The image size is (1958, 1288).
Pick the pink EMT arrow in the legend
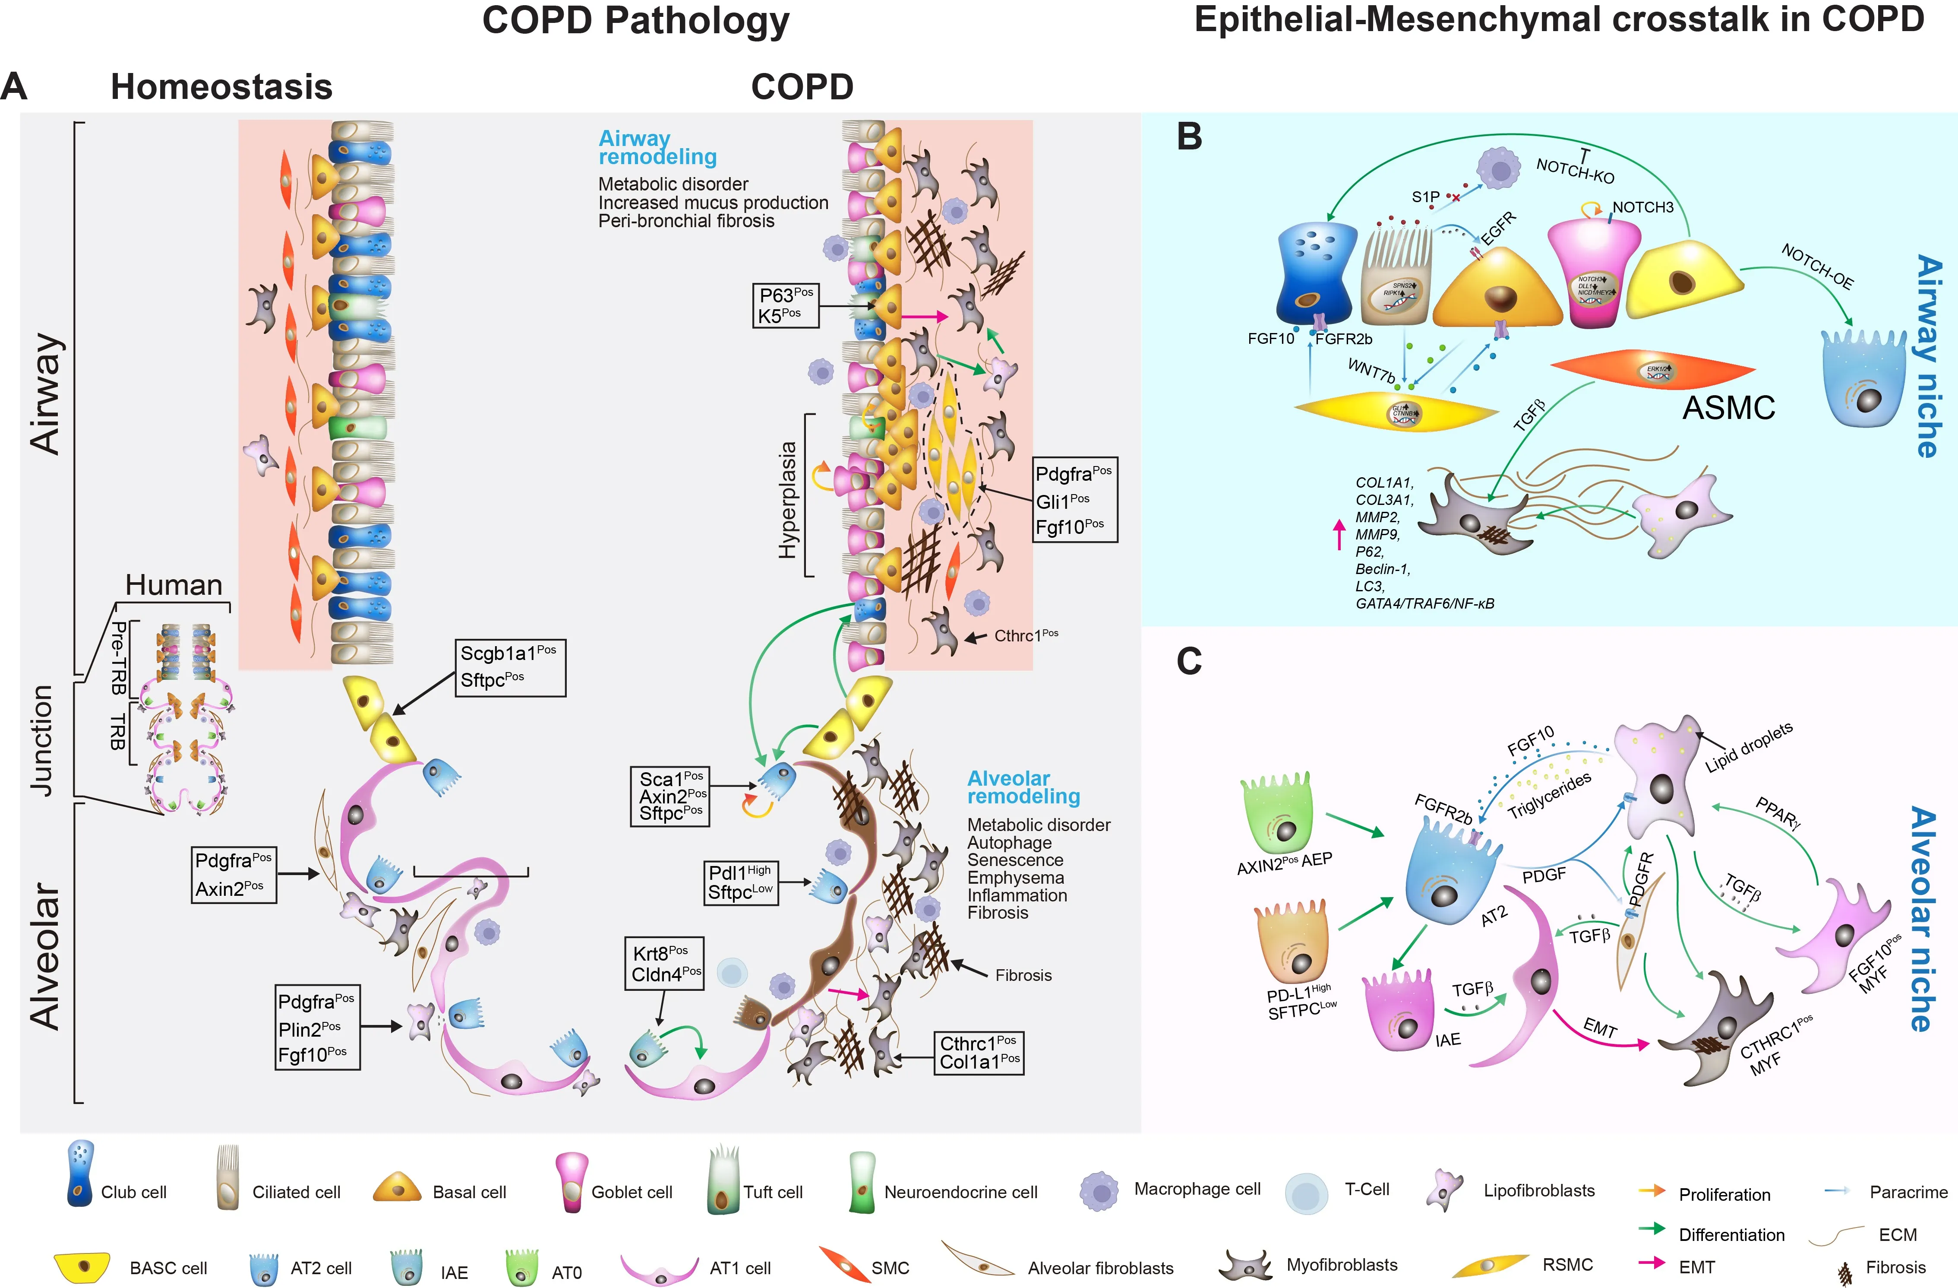pyautogui.click(x=1651, y=1263)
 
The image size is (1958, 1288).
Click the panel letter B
pyautogui.click(x=1190, y=136)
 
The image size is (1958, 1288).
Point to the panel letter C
pyautogui.click(x=1190, y=661)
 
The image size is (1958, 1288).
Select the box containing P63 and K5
pyautogui.click(x=786, y=305)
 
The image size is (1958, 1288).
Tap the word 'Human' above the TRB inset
pyautogui.click(x=174, y=585)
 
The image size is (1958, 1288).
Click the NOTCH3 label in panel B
pyautogui.click(x=1642, y=207)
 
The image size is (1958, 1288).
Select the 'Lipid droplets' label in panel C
pyautogui.click(x=1748, y=747)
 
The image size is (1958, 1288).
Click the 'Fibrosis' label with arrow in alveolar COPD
pyautogui.click(x=1023, y=975)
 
